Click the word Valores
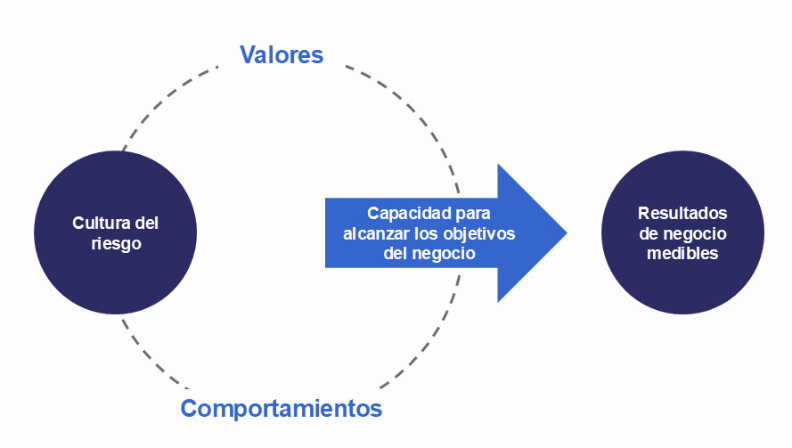coord(281,55)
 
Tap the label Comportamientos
coord(281,409)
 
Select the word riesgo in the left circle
coord(116,243)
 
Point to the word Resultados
coord(682,214)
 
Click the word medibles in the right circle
coord(682,253)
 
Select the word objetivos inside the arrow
coord(478,233)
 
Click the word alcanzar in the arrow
coord(373,233)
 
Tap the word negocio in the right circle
coord(694,233)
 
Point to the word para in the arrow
coord(469,215)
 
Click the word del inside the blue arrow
coord(396,253)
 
